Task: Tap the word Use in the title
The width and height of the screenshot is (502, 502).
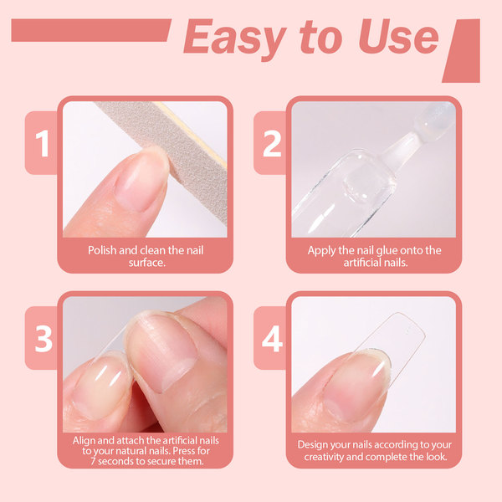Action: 398,36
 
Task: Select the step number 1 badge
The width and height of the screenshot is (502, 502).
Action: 42,143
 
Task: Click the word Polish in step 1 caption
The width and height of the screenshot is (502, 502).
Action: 102,250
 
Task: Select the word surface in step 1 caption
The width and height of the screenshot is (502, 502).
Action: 146,263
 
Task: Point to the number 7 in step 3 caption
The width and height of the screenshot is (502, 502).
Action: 93,461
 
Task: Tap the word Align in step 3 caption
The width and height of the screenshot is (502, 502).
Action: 84,441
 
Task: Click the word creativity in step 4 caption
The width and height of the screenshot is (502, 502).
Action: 325,457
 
